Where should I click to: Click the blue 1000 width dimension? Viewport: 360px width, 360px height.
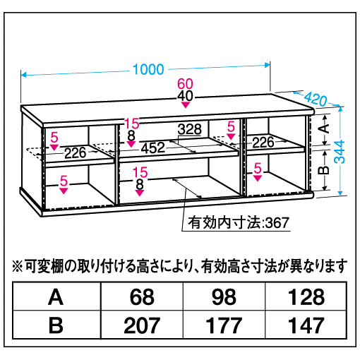(x=148, y=69)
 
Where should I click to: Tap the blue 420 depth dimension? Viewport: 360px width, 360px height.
(x=316, y=99)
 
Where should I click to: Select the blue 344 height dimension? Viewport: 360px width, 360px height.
(x=340, y=152)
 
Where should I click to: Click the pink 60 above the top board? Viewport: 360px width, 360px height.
(x=185, y=84)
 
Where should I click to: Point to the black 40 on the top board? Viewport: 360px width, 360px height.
(x=185, y=96)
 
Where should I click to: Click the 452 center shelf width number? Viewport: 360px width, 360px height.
(x=153, y=148)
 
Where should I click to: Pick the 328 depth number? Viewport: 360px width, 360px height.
(x=190, y=129)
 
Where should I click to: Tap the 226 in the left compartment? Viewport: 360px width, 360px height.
(x=76, y=153)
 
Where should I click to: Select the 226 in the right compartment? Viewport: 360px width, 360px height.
(x=263, y=143)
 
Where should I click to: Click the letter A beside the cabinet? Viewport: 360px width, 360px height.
(x=325, y=128)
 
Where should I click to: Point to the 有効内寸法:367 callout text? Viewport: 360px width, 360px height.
(x=239, y=222)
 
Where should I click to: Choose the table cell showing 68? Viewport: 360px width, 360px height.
(x=142, y=297)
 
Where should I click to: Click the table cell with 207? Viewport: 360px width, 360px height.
(x=142, y=325)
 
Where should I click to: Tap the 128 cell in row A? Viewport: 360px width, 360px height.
(x=306, y=297)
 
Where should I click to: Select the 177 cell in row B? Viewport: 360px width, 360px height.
(x=224, y=325)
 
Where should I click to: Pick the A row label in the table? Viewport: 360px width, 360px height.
(x=56, y=297)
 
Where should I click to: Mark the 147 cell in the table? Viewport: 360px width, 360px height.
(x=306, y=325)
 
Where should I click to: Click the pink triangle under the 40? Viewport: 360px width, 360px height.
(x=186, y=104)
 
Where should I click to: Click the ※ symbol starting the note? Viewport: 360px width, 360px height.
(x=18, y=267)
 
